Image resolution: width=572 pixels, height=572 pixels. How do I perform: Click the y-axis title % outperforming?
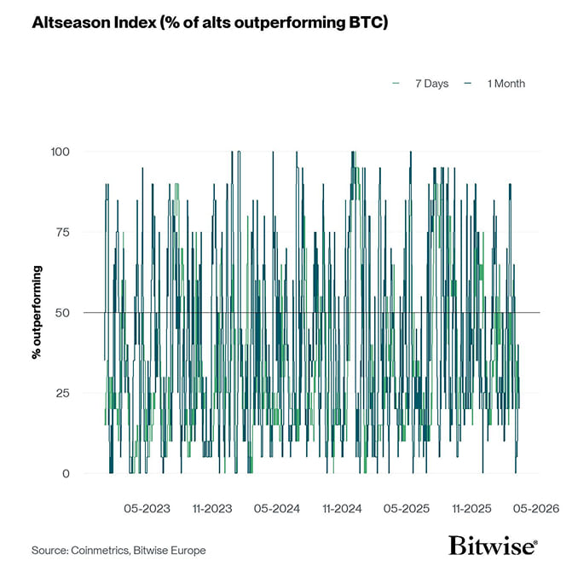point(38,312)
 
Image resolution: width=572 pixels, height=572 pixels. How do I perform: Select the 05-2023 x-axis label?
point(147,509)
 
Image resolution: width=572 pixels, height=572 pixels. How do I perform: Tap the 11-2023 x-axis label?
point(212,509)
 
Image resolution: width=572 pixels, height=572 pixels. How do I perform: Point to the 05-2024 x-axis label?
point(277,509)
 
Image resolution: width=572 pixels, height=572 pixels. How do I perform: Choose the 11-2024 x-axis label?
point(342,509)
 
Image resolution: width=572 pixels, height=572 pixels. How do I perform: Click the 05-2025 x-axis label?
point(407,509)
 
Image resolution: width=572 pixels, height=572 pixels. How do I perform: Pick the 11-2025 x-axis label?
point(471,509)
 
